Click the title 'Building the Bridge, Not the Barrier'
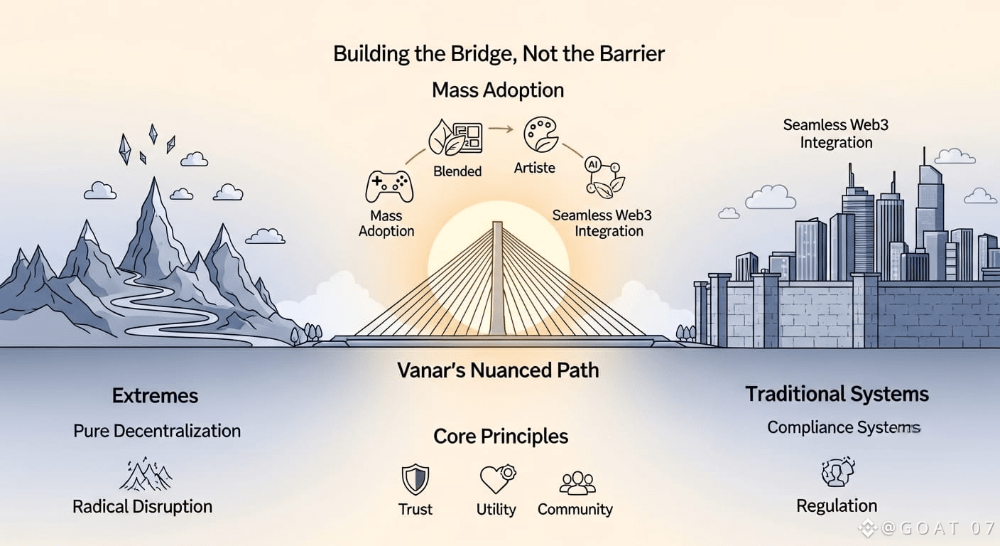point(499,54)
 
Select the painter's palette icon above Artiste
point(540,134)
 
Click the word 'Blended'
point(457,171)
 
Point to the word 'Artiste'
point(534,168)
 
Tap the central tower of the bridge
point(497,277)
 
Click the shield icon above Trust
point(415,479)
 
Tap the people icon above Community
point(577,482)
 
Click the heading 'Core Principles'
point(501,435)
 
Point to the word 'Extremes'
point(155,395)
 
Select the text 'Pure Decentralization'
point(157,431)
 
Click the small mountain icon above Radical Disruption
point(146,474)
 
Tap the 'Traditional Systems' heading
point(837,393)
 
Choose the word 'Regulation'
point(837,505)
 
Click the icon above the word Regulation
point(837,472)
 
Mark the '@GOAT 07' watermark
point(923,528)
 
